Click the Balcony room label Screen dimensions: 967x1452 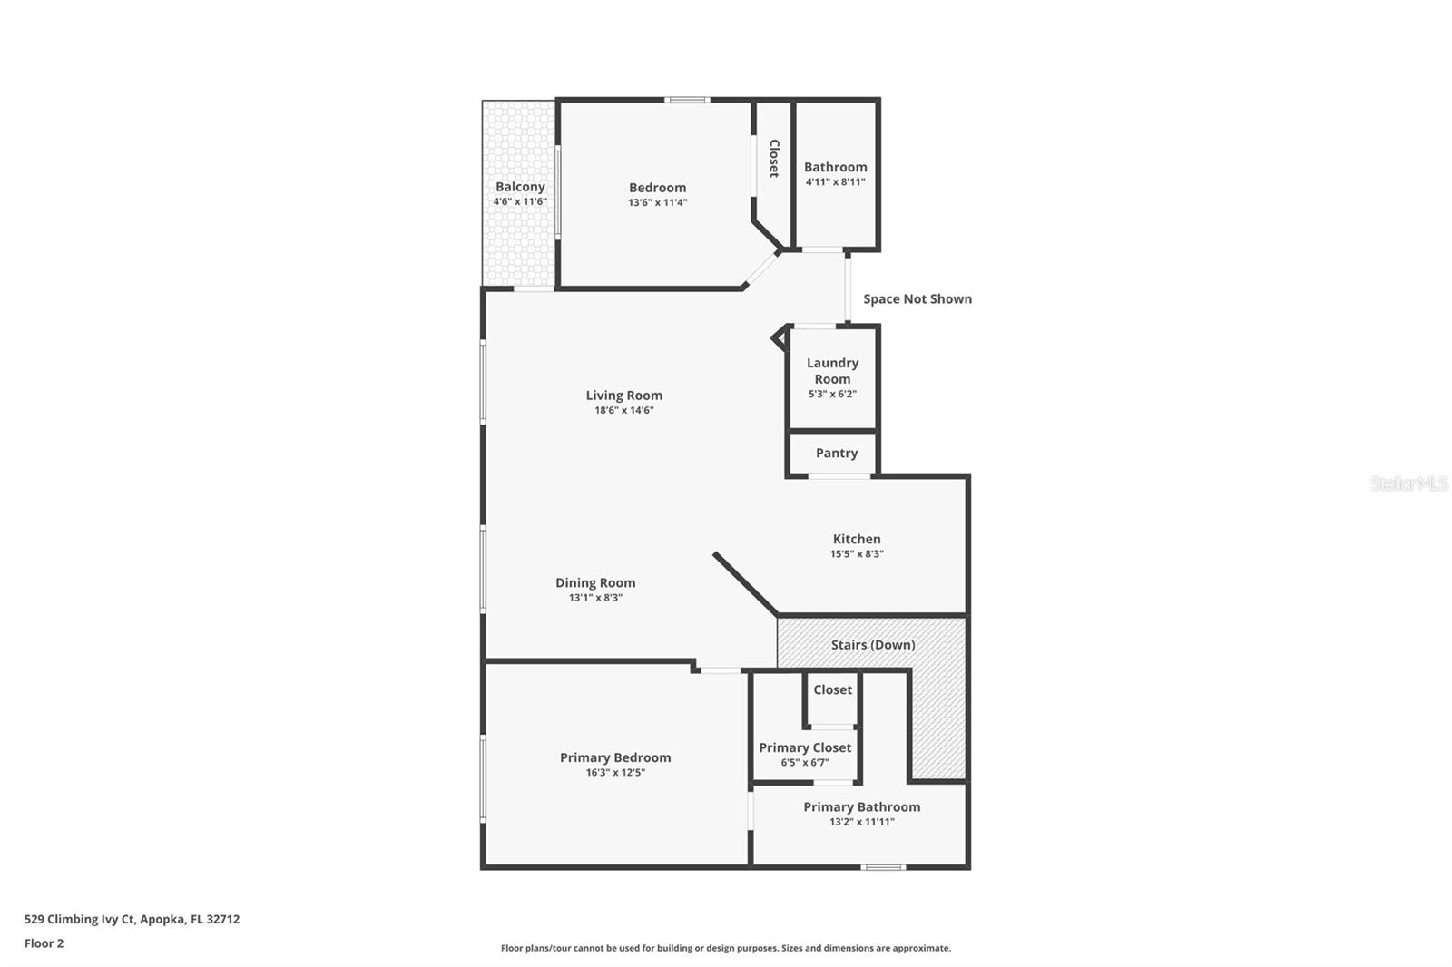pyautogui.click(x=520, y=187)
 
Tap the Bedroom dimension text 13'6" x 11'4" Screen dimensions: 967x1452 pyautogui.click(x=657, y=202)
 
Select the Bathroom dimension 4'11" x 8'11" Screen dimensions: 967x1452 pyautogui.click(x=835, y=181)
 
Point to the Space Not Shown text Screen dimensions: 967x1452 pyautogui.click(x=917, y=298)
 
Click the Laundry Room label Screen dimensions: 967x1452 pyautogui.click(x=832, y=370)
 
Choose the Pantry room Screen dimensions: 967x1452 pyautogui.click(x=836, y=453)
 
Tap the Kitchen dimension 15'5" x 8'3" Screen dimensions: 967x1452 pyautogui.click(x=856, y=553)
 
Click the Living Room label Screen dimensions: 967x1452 pyautogui.click(x=623, y=395)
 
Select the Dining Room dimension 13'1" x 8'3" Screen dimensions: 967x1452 pyautogui.click(x=594, y=598)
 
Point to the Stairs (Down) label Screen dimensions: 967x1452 pyautogui.click(x=872, y=645)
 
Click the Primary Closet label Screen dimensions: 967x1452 pyautogui.click(x=805, y=747)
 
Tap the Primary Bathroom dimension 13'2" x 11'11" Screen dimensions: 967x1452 pyautogui.click(x=861, y=822)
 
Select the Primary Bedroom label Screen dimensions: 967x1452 pyautogui.click(x=615, y=757)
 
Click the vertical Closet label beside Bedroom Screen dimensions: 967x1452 pyautogui.click(x=774, y=158)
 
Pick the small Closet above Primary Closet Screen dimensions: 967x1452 pyautogui.click(x=832, y=689)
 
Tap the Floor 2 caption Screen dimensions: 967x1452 pyautogui.click(x=44, y=943)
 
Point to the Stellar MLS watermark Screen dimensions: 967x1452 pyautogui.click(x=1408, y=483)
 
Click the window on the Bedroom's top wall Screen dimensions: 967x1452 pyautogui.click(x=687, y=100)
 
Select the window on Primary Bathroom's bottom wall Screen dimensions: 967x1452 pyautogui.click(x=882, y=867)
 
